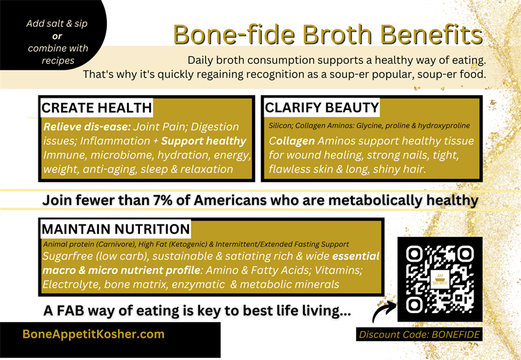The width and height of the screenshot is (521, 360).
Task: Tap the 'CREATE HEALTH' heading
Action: pos(96,108)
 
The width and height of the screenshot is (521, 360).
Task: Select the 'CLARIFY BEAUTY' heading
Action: pos(322,107)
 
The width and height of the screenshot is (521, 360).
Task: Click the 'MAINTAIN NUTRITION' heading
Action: pos(116,229)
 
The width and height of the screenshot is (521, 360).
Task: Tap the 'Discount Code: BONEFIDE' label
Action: pos(420,335)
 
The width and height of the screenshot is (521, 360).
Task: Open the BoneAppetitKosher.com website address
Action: pos(93,334)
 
